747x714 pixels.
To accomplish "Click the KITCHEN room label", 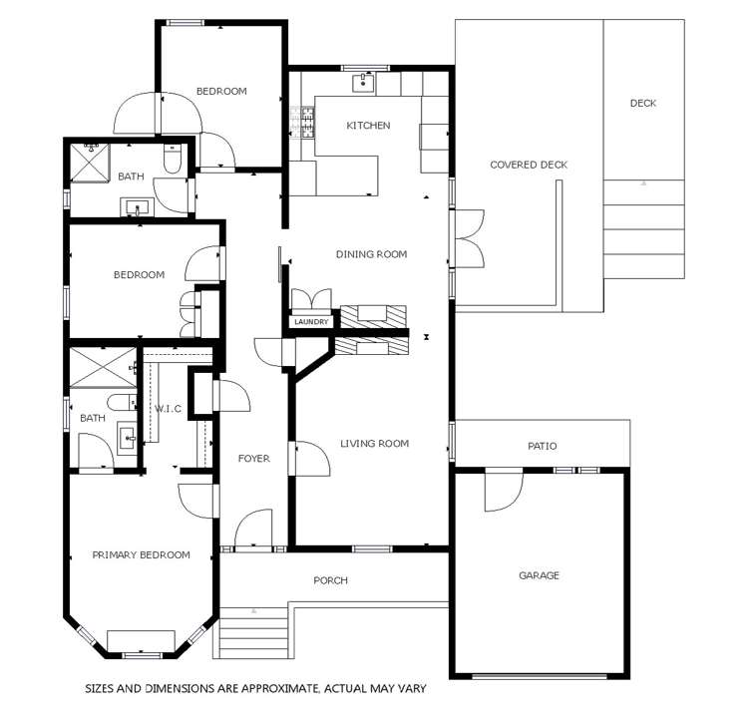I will point(368,126).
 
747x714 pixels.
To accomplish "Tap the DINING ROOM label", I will point(371,254).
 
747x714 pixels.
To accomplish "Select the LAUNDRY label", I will point(311,322).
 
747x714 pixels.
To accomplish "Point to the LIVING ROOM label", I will point(374,444).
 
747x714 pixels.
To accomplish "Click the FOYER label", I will point(253,459).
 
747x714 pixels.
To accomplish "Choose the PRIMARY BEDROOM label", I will point(141,555).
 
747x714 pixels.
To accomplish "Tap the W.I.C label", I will point(166,408).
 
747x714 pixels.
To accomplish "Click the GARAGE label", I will point(539,575).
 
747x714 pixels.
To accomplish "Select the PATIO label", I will point(543,446).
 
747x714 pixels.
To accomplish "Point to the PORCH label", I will point(330,580).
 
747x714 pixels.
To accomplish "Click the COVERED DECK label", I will point(528,165).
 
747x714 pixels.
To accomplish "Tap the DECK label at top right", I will point(643,103).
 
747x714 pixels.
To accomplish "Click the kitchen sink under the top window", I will point(364,83).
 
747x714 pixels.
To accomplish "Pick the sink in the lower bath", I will point(127,437).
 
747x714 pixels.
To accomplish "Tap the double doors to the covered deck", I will point(469,238).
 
